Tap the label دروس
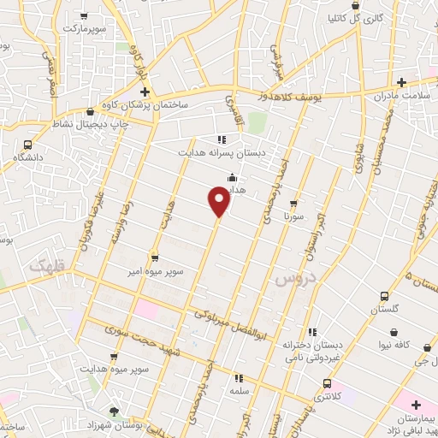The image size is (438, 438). pyautogui.click(x=296, y=278)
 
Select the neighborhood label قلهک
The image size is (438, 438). pyautogui.click(x=48, y=266)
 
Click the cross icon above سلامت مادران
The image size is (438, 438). pyautogui.click(x=401, y=82)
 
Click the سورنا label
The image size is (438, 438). pyautogui.click(x=294, y=217)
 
